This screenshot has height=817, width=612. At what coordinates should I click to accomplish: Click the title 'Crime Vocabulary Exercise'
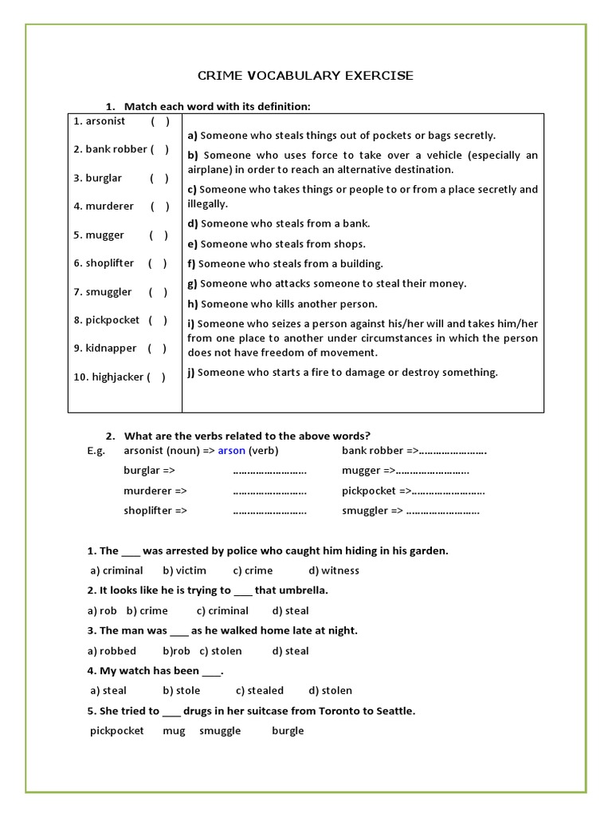point(305,76)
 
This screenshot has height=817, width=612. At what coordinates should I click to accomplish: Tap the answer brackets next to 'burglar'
point(159,178)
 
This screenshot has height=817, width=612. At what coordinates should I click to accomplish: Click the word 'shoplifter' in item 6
point(110,263)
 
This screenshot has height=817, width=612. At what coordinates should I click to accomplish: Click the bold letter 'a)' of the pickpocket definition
point(192,136)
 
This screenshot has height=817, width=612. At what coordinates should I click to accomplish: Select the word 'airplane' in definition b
point(207,169)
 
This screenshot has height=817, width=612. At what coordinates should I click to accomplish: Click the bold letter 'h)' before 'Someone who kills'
point(193,304)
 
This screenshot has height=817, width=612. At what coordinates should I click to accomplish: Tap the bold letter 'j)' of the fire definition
point(191,373)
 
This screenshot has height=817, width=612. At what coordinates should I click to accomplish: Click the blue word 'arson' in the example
point(231,451)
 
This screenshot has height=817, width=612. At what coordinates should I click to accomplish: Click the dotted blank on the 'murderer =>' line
point(269,491)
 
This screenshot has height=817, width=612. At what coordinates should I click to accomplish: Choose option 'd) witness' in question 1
point(334,570)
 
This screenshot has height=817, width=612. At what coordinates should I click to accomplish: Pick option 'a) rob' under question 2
point(102,611)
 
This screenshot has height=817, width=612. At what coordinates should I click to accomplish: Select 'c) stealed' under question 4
point(260,691)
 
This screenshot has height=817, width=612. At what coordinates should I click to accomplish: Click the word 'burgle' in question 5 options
point(288,731)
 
